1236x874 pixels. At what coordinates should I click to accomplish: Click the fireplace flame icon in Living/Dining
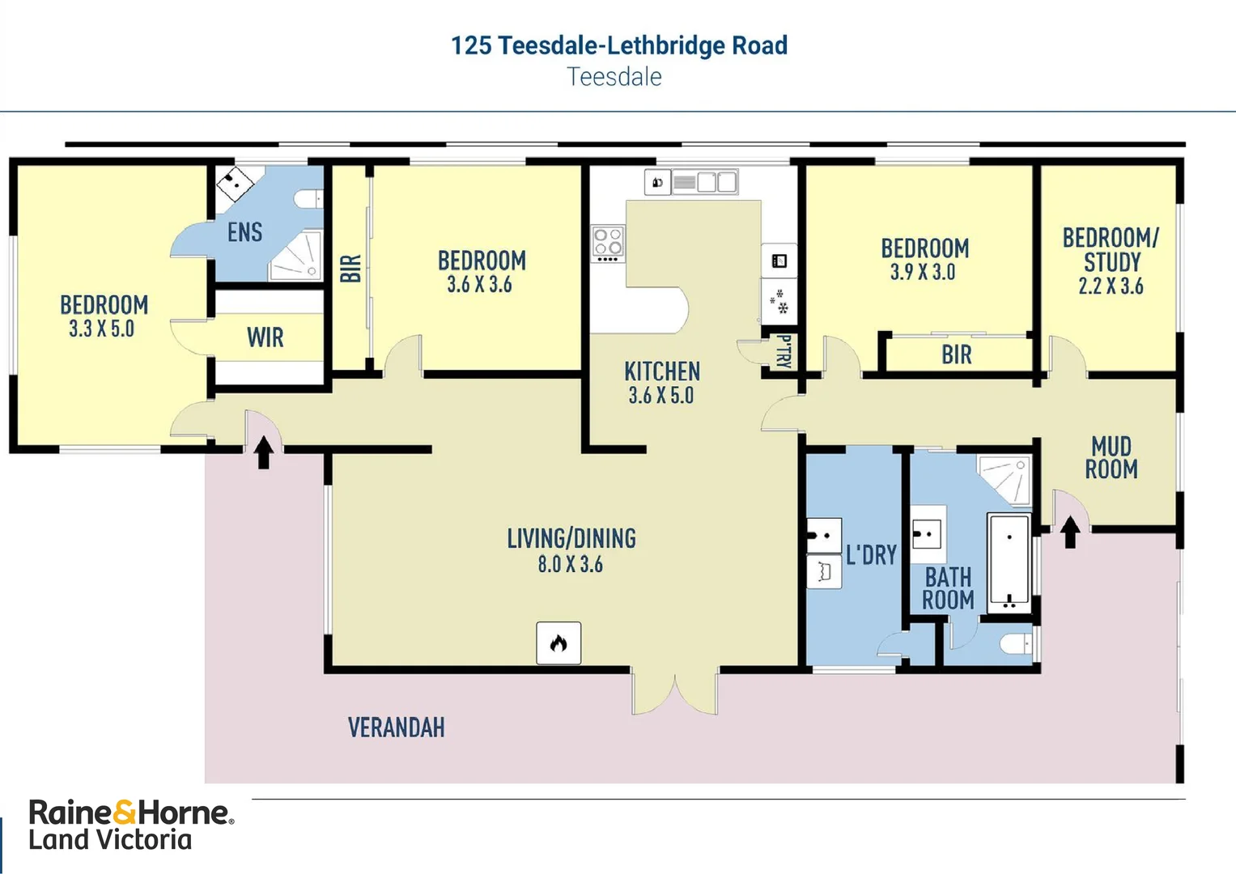click(x=559, y=643)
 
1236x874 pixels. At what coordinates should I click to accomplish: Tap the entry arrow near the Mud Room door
click(x=1070, y=532)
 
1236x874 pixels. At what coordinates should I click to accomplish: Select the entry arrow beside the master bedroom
click(x=264, y=452)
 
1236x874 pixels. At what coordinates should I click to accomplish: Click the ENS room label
click(x=245, y=231)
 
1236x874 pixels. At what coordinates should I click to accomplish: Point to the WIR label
click(x=265, y=337)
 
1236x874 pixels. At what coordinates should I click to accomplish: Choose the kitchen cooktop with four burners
click(x=608, y=244)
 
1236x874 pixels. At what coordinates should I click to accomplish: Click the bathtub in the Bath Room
click(x=1009, y=563)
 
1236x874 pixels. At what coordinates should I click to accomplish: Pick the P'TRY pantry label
click(x=784, y=351)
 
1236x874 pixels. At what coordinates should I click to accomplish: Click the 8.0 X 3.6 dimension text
click(x=571, y=564)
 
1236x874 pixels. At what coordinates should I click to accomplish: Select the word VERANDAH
click(x=396, y=728)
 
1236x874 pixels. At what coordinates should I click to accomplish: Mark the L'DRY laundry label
click(x=871, y=554)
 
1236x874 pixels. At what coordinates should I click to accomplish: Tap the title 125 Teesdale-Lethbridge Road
click(x=619, y=45)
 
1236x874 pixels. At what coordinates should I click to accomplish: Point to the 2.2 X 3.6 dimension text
click(x=1111, y=286)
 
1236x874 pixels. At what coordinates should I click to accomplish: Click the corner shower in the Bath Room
click(x=1005, y=479)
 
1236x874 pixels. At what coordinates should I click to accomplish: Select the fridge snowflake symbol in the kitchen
click(x=779, y=301)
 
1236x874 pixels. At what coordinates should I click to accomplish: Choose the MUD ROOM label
click(x=1111, y=457)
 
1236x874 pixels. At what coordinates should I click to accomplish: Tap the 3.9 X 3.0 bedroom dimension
click(x=923, y=271)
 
